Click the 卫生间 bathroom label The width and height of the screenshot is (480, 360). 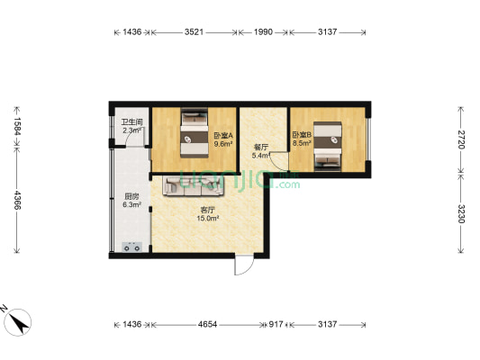point(130,124)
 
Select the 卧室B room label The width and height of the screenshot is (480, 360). point(301,136)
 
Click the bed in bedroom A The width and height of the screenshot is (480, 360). point(193,132)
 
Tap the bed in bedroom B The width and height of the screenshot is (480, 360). point(329,144)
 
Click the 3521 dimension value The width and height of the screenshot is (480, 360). point(194,32)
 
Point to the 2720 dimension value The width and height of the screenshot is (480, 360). point(463,139)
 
